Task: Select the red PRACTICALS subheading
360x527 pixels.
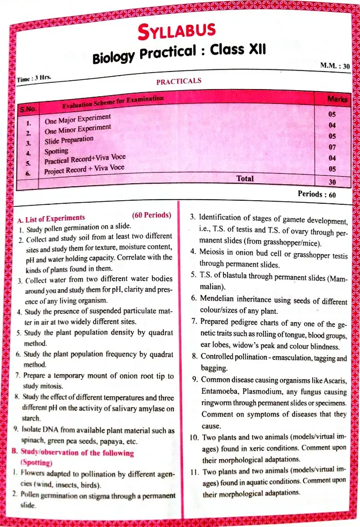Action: coord(178,81)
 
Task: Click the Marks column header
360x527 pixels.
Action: coord(337,98)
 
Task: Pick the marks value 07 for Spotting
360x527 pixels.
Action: coord(332,147)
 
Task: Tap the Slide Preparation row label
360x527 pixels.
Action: coord(69,140)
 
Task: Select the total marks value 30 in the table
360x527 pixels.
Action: coord(332,182)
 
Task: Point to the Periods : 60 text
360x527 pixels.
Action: coord(317,195)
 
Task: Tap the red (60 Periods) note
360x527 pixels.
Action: coord(151,215)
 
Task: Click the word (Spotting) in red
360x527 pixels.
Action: coord(37,462)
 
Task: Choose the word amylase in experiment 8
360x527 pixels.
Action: coord(152,409)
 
